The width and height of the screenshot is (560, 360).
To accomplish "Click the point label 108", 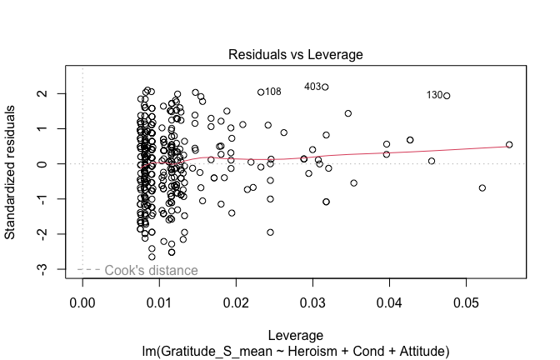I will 272,92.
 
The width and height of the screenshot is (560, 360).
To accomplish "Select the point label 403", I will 312,87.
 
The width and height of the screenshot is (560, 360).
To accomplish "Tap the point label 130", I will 434,95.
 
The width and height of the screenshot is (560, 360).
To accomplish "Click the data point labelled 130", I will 447,96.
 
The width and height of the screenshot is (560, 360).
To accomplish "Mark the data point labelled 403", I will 326,87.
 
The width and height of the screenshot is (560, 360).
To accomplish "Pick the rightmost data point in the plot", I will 509,145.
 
